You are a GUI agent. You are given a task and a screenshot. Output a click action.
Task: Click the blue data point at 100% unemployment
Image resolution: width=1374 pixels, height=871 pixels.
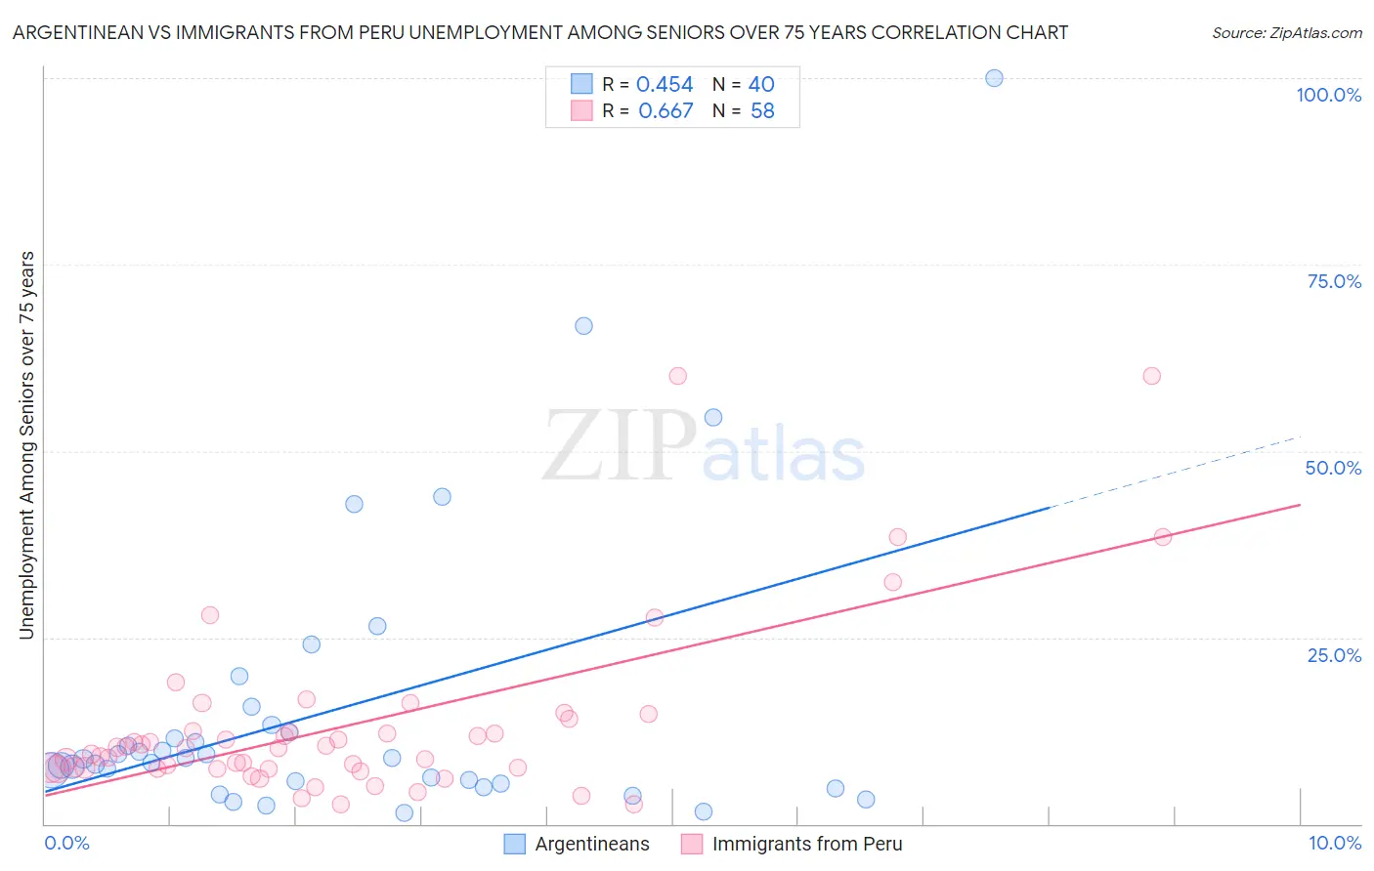994,78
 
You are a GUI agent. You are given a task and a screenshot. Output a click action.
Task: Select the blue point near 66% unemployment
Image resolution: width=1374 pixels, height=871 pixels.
583,326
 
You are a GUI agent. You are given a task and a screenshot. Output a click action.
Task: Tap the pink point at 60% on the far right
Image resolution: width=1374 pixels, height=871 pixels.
1151,376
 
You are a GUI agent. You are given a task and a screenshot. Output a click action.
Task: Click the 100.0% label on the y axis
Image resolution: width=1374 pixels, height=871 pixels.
1328,95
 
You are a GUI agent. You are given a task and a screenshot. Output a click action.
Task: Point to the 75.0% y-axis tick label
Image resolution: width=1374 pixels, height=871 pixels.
1334,281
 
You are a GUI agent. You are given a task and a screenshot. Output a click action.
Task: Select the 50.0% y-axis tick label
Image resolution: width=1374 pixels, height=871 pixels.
1333,468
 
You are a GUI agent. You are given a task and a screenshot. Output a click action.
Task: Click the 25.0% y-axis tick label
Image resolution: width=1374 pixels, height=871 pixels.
1334,655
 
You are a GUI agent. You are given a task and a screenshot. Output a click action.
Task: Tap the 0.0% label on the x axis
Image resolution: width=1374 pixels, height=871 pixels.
66,843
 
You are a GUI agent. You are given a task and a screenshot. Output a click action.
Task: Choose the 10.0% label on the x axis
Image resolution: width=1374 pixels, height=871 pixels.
1334,843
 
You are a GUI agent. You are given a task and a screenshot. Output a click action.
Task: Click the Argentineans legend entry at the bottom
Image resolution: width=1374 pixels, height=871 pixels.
591,844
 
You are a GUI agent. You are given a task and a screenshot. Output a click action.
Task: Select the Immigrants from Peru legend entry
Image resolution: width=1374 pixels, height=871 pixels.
806,844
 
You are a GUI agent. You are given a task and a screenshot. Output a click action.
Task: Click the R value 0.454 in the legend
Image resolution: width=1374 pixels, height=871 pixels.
665,85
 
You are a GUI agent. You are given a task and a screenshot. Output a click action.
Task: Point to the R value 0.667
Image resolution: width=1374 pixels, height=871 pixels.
665,111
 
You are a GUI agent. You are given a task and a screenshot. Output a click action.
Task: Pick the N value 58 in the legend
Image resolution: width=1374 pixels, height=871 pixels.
762,111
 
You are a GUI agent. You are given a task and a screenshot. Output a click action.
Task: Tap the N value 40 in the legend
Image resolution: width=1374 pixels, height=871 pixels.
761,85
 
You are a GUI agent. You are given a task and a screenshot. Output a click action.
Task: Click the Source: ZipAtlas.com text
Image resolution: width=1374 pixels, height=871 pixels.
1286,33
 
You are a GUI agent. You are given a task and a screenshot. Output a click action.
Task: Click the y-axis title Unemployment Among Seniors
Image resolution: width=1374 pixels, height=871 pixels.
26,445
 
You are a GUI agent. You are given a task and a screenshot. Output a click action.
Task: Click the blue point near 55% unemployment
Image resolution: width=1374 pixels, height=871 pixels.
713,417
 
